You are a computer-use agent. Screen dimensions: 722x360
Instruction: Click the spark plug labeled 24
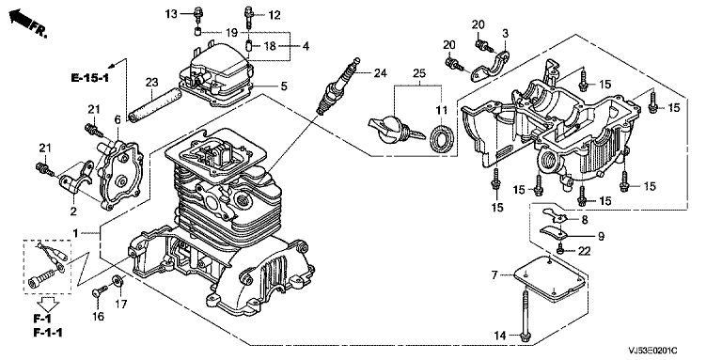[337, 86]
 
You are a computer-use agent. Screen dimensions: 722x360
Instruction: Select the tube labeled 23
[153, 107]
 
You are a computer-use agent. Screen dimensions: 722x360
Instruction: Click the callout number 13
[171, 15]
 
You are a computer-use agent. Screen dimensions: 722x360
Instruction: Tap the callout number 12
[274, 15]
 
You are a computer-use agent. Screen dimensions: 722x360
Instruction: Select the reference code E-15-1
[90, 77]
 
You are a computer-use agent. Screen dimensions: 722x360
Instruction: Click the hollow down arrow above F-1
[48, 304]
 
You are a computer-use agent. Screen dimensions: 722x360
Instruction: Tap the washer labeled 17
[118, 280]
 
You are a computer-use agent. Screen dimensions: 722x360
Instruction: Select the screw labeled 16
[100, 291]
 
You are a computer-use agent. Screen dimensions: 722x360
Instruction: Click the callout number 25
[419, 72]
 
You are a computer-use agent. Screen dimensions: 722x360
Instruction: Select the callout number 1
[76, 233]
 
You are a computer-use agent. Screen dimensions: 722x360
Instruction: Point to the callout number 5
[284, 86]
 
